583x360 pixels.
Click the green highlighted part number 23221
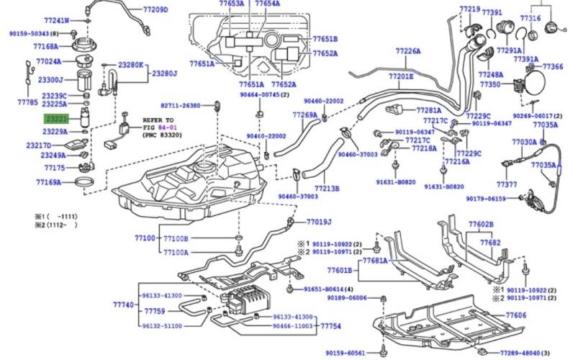56,118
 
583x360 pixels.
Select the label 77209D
155,10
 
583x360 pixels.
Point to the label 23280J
164,73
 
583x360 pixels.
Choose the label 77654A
267,4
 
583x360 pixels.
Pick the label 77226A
407,51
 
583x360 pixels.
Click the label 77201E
401,76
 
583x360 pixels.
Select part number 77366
553,66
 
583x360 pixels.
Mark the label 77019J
318,222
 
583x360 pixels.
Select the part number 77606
515,315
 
